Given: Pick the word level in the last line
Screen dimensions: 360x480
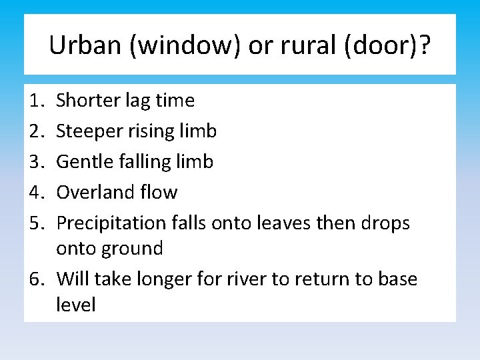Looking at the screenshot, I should tap(76, 305).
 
